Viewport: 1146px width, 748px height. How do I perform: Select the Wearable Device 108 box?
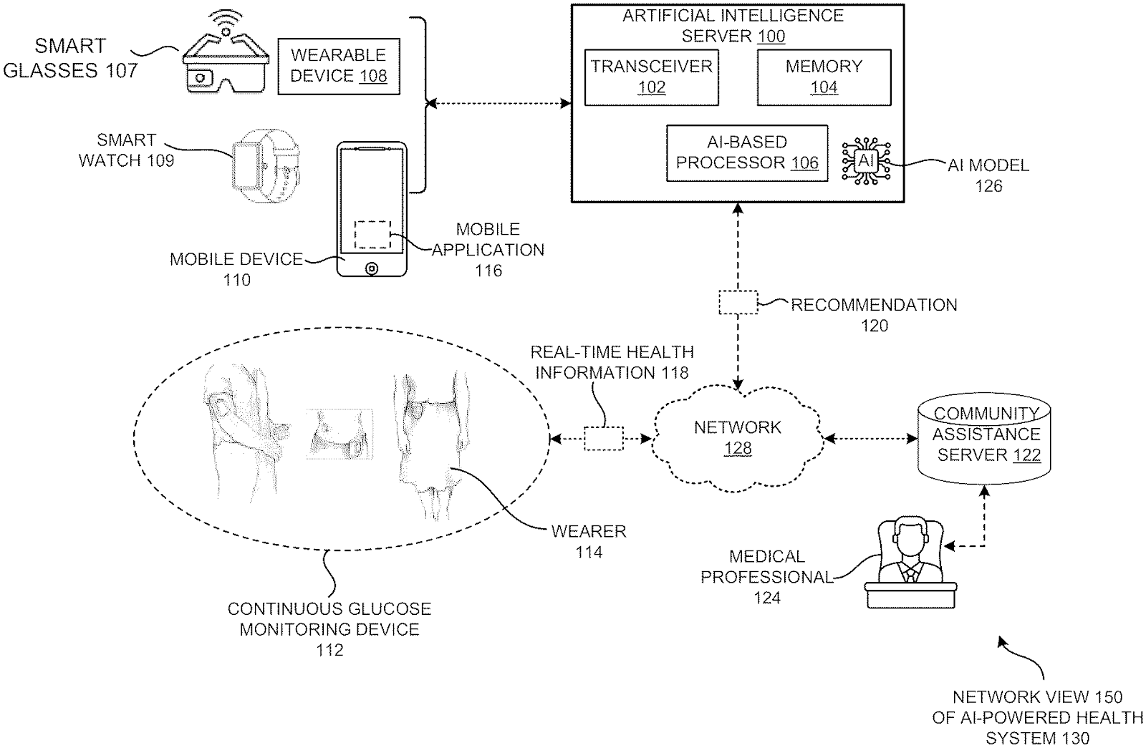pyautogui.click(x=338, y=66)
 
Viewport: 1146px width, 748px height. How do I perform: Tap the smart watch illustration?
pyautogui.click(x=266, y=169)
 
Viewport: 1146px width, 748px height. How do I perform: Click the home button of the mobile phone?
pyautogui.click(x=371, y=268)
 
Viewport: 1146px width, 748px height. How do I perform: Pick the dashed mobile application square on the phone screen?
pyautogui.click(x=372, y=235)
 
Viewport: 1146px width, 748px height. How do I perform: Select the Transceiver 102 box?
pyautogui.click(x=652, y=77)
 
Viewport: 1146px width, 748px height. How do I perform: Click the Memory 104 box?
pyautogui.click(x=824, y=77)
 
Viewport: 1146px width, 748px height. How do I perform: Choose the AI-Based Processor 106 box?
pyautogui.click(x=747, y=153)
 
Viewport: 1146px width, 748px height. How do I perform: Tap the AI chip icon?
pyautogui.click(x=866, y=161)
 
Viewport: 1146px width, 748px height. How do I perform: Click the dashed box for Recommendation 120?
pyautogui.click(x=738, y=302)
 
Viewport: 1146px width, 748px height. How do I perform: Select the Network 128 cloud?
pyautogui.click(x=738, y=438)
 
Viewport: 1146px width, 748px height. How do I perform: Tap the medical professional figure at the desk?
pyautogui.click(x=910, y=565)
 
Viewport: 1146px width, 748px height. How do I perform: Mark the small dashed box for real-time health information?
pyautogui.click(x=604, y=438)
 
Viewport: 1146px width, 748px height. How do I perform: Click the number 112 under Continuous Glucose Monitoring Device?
pyautogui.click(x=329, y=650)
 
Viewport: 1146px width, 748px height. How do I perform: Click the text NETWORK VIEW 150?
pyautogui.click(x=1037, y=696)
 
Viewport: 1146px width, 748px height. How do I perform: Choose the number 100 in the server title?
pyautogui.click(x=771, y=36)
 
